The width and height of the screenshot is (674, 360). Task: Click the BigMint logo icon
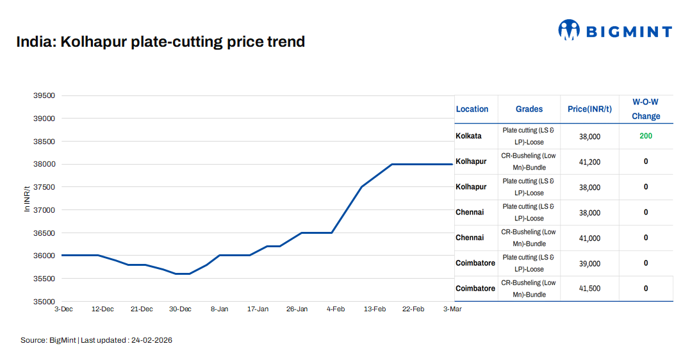coord(569,29)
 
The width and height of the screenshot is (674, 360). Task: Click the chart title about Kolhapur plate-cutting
coord(160,42)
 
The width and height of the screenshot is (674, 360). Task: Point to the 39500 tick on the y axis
coord(44,95)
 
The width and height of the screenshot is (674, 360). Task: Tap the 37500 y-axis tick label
coord(44,187)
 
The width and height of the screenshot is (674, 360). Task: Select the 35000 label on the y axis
coord(44,301)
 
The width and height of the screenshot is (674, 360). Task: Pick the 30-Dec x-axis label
coord(180,309)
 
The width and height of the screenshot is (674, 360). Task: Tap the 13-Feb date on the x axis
coord(375,309)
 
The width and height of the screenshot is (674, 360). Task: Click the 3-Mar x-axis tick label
coord(452,309)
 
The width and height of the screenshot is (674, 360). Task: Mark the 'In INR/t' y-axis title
coord(27,199)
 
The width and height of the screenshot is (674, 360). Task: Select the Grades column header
coord(529,109)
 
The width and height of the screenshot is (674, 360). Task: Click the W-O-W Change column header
coord(645,109)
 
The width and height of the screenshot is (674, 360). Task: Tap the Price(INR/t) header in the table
coord(589,109)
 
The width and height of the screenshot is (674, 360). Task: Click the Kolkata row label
coord(468,136)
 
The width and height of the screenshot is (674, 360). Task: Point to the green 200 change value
coord(646,136)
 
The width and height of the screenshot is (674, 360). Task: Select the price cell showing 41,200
coord(589,162)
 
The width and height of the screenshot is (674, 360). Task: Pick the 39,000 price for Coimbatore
coord(589,263)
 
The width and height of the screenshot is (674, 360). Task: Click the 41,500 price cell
coord(589,288)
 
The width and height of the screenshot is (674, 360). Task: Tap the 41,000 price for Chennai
coord(589,238)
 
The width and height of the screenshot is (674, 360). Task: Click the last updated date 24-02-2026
coord(152,340)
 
